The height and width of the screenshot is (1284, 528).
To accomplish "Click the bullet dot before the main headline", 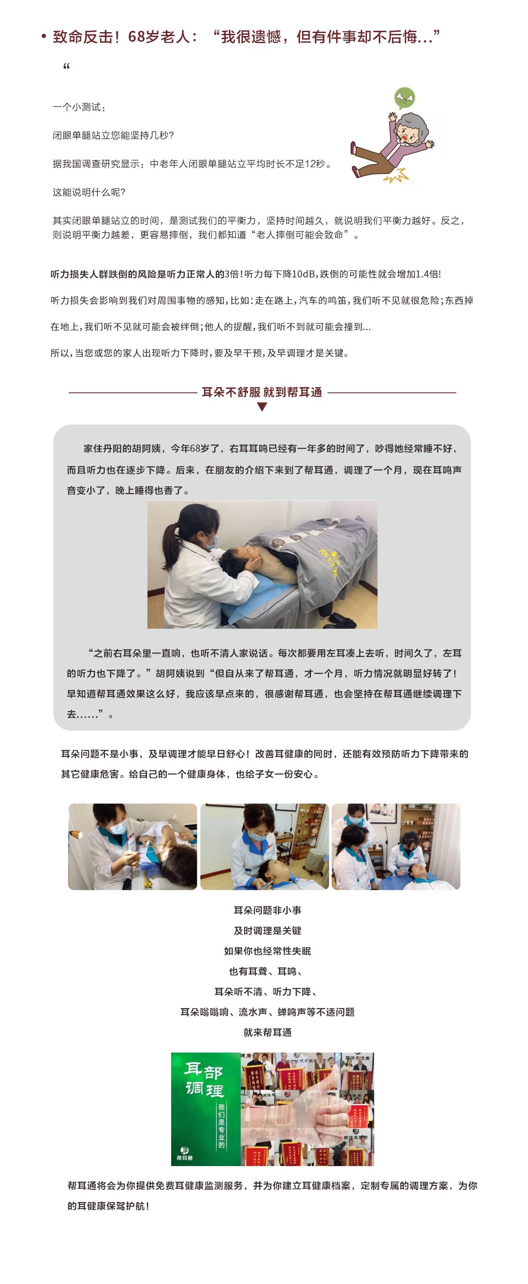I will pos(44,37).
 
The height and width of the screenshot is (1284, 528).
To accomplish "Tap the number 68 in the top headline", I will pos(136,37).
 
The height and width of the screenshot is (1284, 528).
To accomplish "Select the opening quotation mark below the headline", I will pos(66,67).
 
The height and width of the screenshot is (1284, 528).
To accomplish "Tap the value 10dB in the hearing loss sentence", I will pos(304,274).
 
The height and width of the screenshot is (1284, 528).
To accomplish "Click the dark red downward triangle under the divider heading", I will pos(262,407).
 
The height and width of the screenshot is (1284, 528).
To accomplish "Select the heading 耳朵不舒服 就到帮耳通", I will pos(262,392).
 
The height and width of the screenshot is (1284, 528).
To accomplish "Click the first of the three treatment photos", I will pos(132,846).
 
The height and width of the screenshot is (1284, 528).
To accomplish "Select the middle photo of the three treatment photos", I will pos(264,846).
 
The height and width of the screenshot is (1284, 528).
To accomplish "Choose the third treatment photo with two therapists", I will pos(396,846).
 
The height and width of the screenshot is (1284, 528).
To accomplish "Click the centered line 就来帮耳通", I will pos(267,1032).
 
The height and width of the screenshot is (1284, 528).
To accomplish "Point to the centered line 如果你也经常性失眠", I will pos(267,951).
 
